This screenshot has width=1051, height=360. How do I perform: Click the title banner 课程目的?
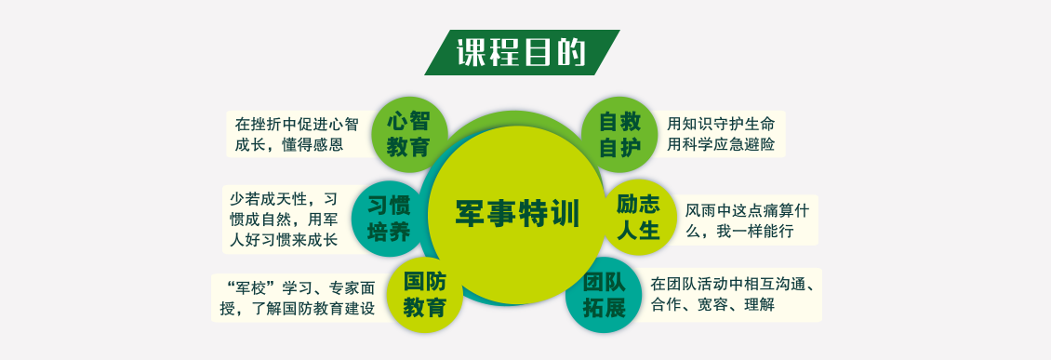522,52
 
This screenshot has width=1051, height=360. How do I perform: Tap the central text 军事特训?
517,214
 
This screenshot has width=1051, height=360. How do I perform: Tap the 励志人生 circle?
638,217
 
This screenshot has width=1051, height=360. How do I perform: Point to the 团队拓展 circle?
604,295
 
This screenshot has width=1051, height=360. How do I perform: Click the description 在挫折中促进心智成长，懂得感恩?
297,134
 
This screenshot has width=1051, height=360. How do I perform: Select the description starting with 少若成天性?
284,220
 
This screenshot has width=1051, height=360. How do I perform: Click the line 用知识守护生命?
721,124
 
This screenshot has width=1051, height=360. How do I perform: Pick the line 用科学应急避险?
721,145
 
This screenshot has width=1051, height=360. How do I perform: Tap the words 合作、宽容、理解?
712,305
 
